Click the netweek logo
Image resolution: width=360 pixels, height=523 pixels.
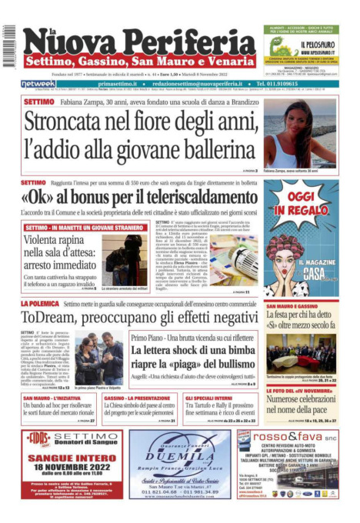pyautogui.click(x=38, y=83)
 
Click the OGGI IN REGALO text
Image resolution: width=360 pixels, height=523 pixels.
pyautogui.click(x=301, y=202)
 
